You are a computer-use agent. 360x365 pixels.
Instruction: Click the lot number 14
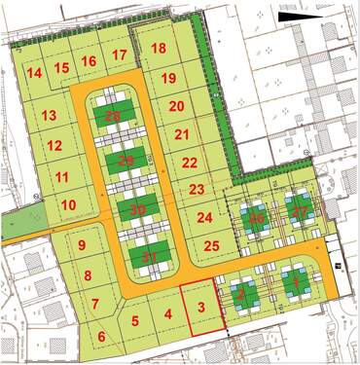(34, 73)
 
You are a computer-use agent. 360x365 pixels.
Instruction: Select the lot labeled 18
(159, 49)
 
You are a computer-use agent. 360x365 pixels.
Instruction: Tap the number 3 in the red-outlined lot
(200, 307)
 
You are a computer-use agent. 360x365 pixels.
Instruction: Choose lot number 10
(68, 204)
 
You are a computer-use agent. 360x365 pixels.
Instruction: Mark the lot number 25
(212, 246)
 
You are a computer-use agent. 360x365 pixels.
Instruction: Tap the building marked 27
(300, 211)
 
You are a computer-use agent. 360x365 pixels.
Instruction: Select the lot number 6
(101, 337)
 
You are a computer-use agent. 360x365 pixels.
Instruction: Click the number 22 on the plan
(190, 163)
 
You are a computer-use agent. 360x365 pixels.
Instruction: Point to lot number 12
(54, 146)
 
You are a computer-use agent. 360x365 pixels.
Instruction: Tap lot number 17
(119, 55)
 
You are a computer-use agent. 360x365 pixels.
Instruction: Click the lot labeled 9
(82, 245)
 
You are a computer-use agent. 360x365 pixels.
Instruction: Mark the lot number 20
(176, 106)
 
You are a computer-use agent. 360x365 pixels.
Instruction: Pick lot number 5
(135, 320)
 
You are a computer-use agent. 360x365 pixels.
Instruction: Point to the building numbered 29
(126, 161)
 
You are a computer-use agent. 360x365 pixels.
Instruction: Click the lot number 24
(204, 218)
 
